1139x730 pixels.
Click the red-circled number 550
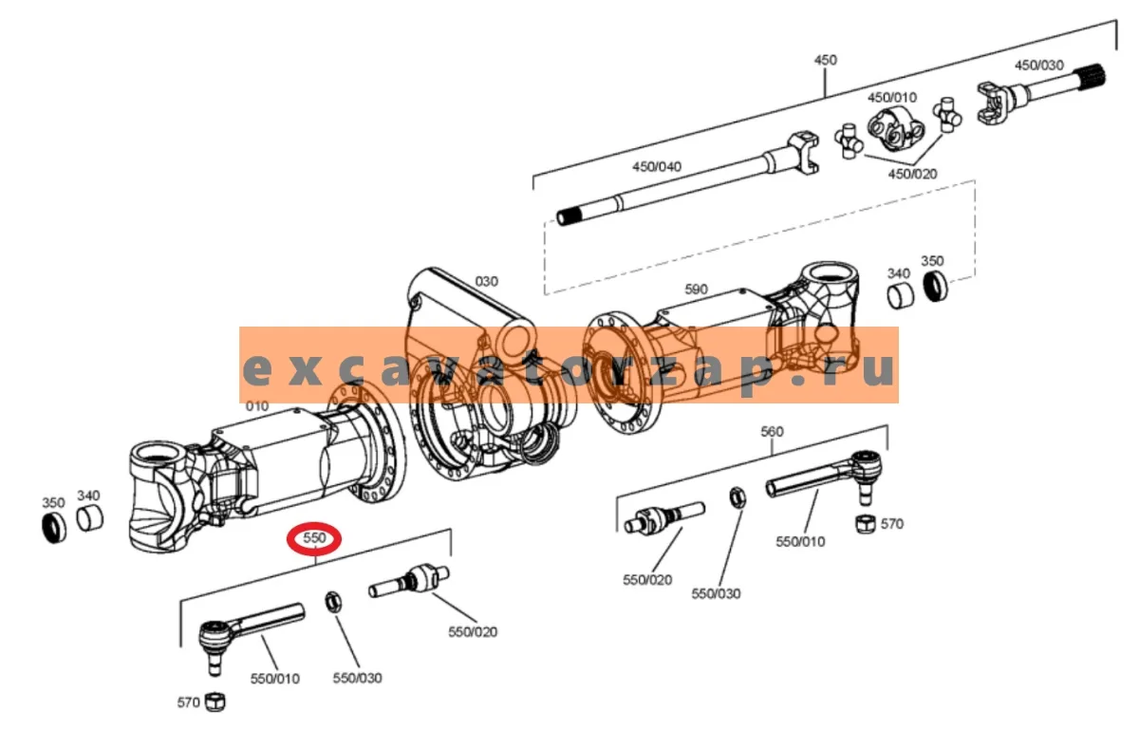314,537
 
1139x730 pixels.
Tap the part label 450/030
1038,66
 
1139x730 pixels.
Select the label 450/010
892,97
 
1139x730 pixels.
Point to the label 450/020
912,174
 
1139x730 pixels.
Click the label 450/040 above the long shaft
657,166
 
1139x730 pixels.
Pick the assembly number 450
825,60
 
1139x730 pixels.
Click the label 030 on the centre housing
486,281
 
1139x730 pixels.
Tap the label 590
696,290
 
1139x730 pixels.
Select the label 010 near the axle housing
257,406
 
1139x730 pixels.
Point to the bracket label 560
772,431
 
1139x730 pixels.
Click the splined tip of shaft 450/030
1092,77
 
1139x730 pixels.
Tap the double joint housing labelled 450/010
895,130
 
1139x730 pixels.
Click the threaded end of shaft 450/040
569,216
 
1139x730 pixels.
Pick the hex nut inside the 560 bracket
738,497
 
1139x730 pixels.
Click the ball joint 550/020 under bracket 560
664,518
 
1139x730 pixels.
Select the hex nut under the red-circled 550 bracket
333,602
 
